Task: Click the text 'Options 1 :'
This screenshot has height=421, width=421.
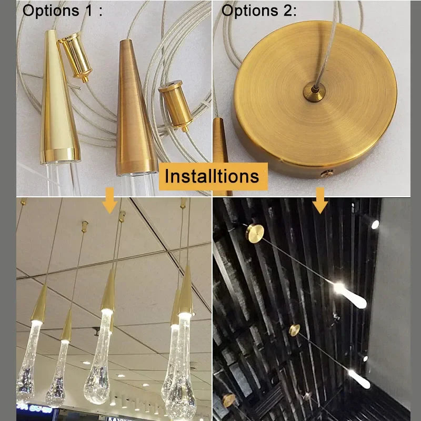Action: click(x=62, y=11)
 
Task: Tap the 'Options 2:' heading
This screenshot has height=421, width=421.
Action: click(x=259, y=11)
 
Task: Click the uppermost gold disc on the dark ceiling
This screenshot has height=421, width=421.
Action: click(x=255, y=233)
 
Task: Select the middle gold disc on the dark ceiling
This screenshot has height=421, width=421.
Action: click(x=294, y=330)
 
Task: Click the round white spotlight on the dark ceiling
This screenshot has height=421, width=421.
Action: click(x=375, y=224)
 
